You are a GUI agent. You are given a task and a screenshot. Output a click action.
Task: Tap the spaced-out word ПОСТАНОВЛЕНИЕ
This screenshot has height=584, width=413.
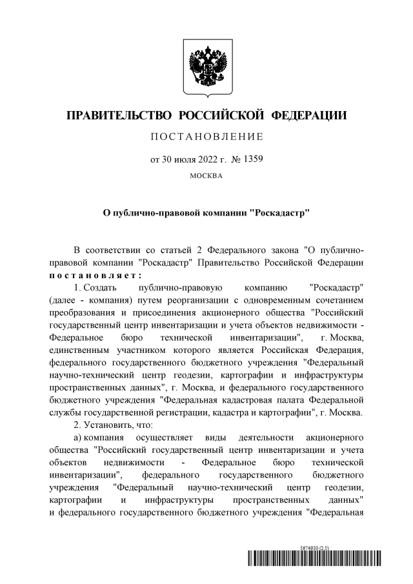point(206,137)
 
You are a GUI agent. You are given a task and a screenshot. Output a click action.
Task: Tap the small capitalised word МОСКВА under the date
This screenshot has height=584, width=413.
point(206,174)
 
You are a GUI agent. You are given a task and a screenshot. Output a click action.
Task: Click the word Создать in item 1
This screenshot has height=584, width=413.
point(100,287)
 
